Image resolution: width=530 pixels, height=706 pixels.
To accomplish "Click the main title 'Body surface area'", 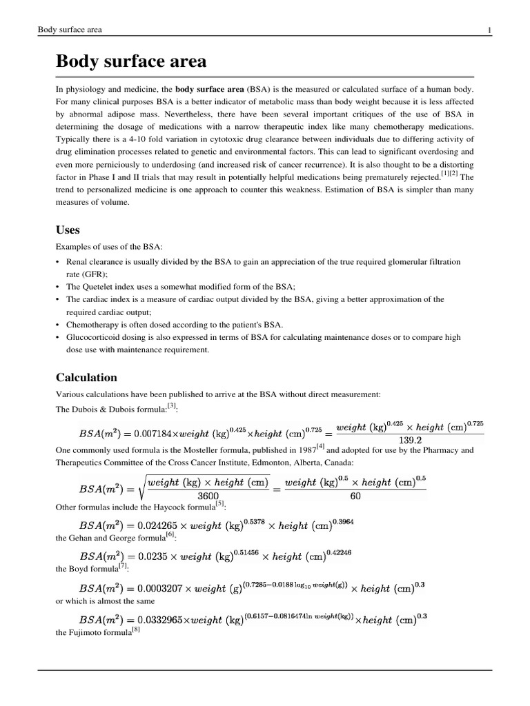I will point(131,61).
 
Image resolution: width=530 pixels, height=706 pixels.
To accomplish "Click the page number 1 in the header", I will point(489,30).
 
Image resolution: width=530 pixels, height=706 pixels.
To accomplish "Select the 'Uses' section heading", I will point(68,229).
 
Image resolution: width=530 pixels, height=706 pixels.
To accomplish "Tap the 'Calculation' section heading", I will point(86,377).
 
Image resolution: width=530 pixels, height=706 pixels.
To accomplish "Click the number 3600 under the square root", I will point(212,495).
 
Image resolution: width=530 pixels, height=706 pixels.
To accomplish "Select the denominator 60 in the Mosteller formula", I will point(355,495).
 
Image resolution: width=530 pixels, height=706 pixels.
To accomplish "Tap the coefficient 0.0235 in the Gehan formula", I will point(155,556).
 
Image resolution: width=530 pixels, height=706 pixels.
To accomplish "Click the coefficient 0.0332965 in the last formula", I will point(165,619).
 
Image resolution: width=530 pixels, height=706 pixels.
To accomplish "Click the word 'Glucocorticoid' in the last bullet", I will point(92,337).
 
